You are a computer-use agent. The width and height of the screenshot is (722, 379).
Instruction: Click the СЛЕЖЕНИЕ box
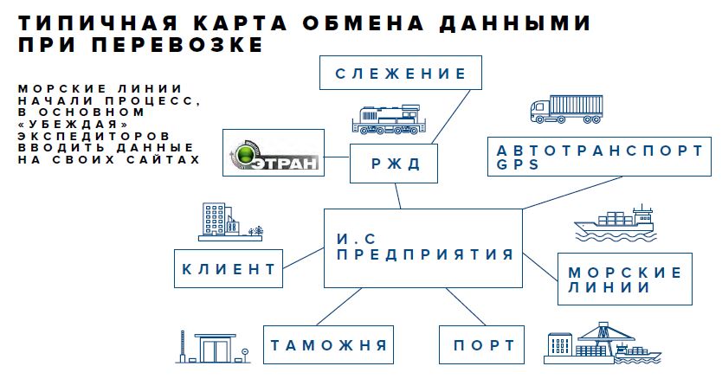[x=399, y=74]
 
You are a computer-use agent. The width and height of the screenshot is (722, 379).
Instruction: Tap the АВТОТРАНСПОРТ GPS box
[x=598, y=157]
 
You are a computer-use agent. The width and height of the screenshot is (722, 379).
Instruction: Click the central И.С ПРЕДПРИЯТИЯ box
[x=423, y=247]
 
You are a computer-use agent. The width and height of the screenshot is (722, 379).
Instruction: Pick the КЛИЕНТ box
[x=229, y=269]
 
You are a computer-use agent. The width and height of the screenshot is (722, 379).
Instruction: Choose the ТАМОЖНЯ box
[x=328, y=345]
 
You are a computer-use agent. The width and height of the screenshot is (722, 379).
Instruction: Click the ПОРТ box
[x=482, y=345]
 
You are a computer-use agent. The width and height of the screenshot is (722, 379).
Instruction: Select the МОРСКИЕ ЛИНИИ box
[x=624, y=279]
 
